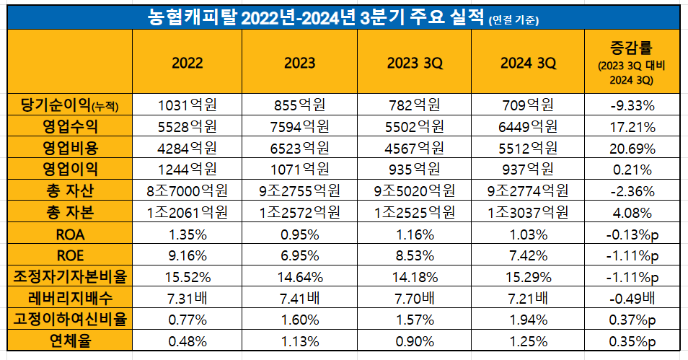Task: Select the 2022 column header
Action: pos(187,63)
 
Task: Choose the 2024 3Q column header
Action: pos(528,63)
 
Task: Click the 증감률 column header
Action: pos(632,63)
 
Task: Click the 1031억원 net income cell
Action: pos(187,106)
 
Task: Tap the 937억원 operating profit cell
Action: pos(528,170)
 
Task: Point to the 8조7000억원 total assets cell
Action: pos(187,192)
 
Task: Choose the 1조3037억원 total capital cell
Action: pos(528,213)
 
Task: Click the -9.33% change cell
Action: pos(632,106)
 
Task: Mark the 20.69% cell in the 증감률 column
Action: pos(632,149)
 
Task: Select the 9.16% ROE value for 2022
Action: pos(187,255)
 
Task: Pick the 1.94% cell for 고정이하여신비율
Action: pos(528,319)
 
